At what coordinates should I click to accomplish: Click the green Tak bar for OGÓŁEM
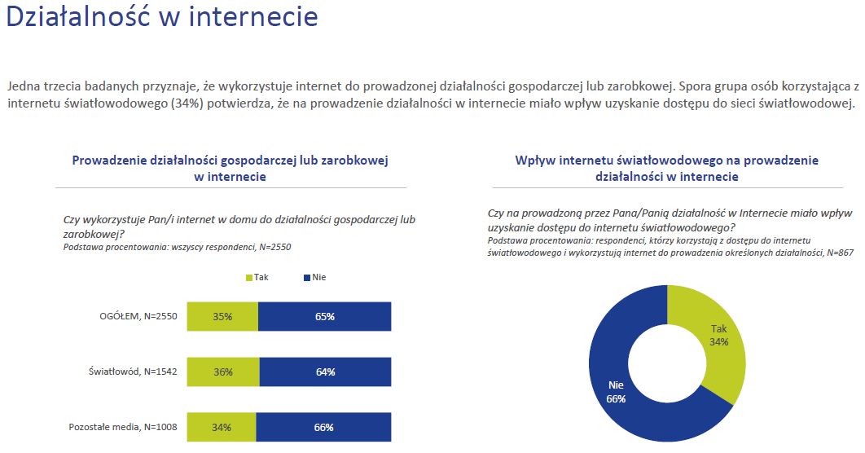point(222,316)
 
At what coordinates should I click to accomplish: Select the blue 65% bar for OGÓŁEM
point(324,316)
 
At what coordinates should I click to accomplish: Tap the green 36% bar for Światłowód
point(223,372)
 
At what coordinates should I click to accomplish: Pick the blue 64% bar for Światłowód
point(325,372)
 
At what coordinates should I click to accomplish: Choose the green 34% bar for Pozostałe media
point(222,427)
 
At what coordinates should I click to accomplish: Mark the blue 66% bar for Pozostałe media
point(323,427)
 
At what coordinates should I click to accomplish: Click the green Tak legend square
point(249,278)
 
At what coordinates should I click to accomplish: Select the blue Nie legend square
point(307,278)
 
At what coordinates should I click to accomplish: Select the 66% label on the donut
point(616,398)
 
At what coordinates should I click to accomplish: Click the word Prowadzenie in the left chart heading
point(109,161)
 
